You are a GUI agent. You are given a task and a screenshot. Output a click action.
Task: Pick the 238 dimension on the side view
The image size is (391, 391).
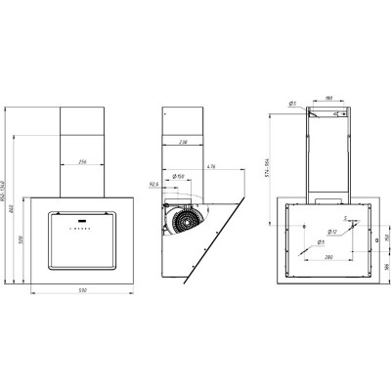(x=183, y=141)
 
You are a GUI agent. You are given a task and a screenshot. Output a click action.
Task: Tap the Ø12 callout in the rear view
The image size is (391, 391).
(x=331, y=232)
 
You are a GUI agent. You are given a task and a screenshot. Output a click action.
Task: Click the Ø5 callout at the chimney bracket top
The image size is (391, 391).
(x=292, y=104)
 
